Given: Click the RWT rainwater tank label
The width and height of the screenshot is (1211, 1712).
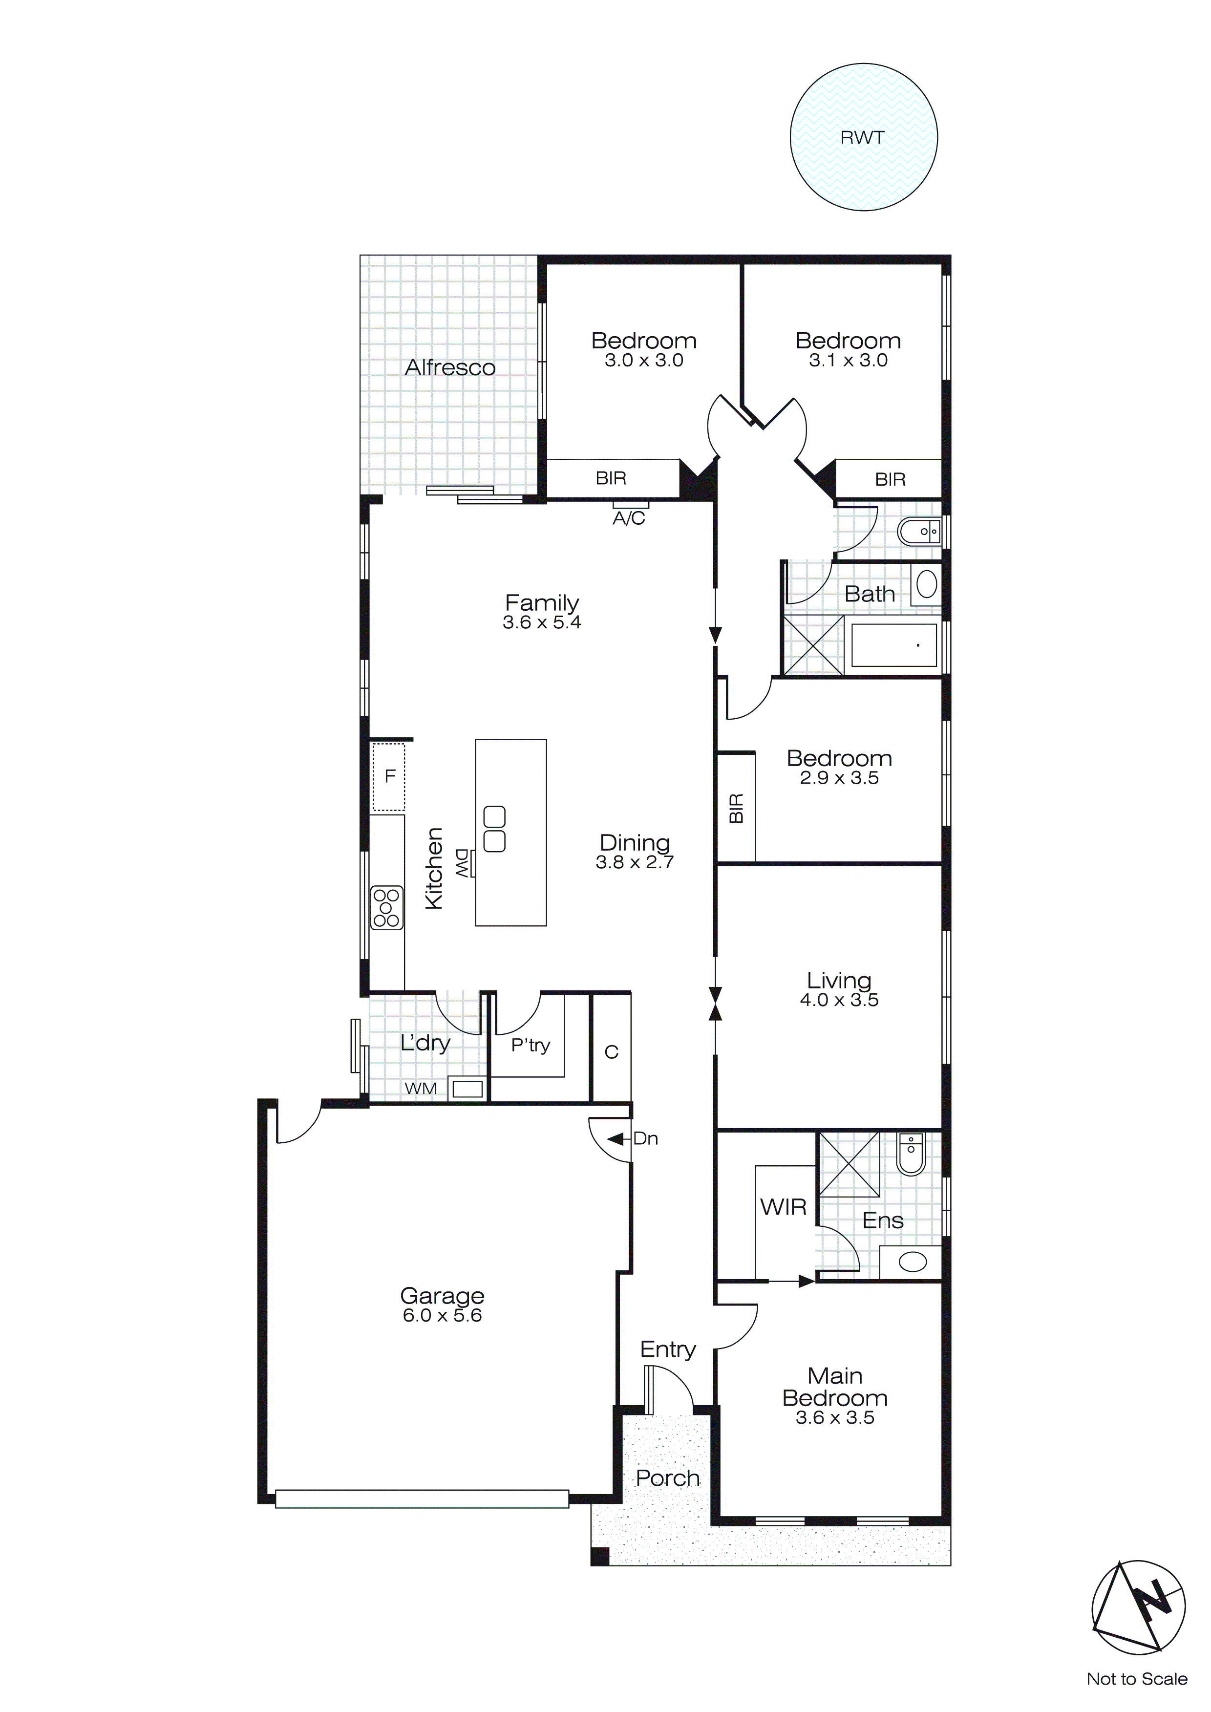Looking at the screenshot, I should coord(862,138).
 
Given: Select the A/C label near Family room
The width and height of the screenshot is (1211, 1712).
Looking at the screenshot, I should coord(629,519).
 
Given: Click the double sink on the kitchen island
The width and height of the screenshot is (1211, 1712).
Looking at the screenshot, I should coord(494,829).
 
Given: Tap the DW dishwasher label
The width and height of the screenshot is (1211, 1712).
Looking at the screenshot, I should coord(462,863).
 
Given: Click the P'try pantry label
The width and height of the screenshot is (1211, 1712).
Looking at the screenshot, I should coord(530,1046).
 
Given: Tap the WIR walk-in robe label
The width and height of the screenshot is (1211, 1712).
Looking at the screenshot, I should coord(783,1207).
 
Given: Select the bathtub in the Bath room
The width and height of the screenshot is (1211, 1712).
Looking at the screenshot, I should coord(893,645).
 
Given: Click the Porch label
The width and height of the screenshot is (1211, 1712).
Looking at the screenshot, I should coord(667,1478).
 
